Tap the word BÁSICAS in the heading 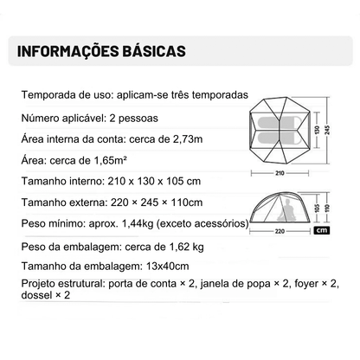(x=155, y=50)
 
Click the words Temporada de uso (x=56, y=94)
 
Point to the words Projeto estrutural (x=59, y=283)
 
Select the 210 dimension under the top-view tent (x=279, y=171)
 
